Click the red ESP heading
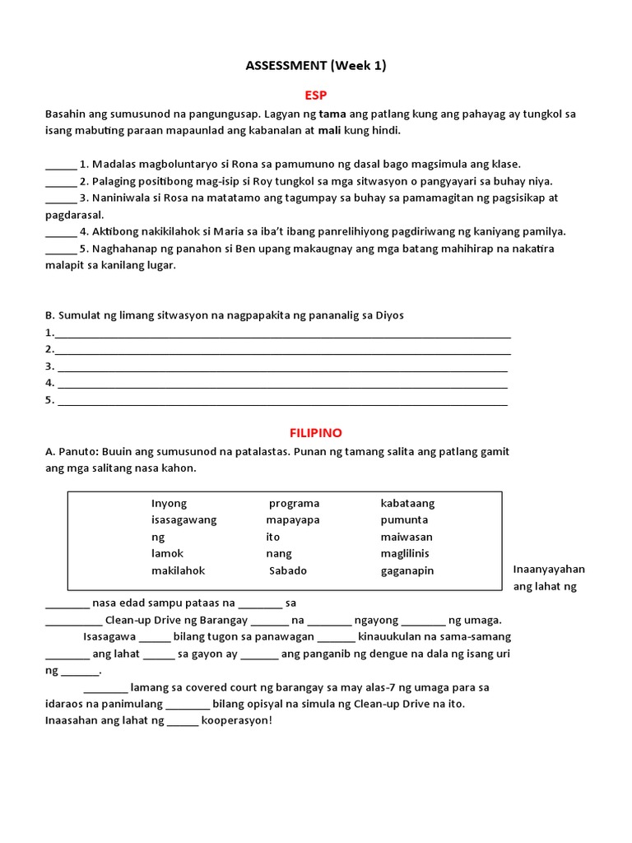pyautogui.click(x=315, y=95)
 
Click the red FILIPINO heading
pyautogui.click(x=315, y=432)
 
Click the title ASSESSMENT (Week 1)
pyautogui.click(x=315, y=67)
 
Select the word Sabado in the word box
pyautogui.click(x=287, y=571)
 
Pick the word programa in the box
pyautogui.click(x=294, y=503)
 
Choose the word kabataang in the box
pyautogui.click(x=407, y=503)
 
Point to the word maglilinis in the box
pyautogui.click(x=404, y=553)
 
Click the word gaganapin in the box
pyautogui.click(x=407, y=571)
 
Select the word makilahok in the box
pyautogui.click(x=178, y=571)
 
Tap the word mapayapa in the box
pyautogui.click(x=292, y=519)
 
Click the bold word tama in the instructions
pyautogui.click(x=332, y=114)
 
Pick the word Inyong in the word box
pyautogui.click(x=169, y=503)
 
